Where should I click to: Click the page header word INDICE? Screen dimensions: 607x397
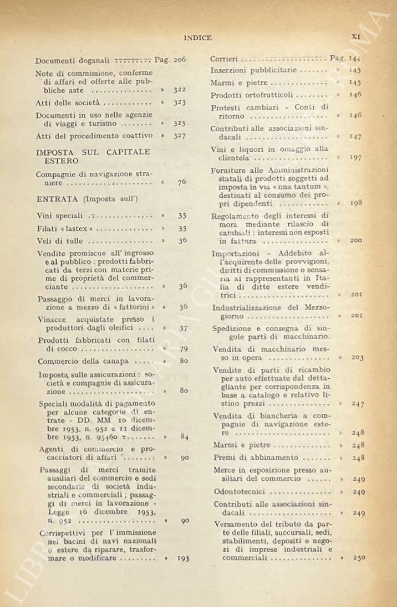197,38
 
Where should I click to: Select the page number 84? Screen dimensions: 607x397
184,437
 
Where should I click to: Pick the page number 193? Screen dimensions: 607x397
183,558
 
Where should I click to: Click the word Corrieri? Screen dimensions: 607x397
225,59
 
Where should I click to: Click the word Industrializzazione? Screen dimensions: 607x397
250,307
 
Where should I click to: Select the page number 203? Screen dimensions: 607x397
357,358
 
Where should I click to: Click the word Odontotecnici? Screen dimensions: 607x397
240,492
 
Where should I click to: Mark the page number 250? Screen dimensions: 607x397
358,558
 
